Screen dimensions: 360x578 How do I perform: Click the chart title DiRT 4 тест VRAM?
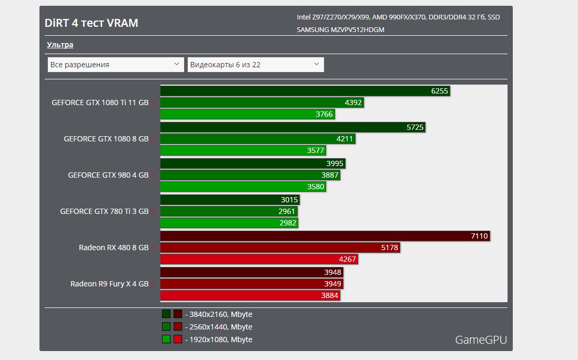pyautogui.click(x=92, y=23)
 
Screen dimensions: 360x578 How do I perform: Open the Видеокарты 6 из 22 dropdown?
pyautogui.click(x=255, y=65)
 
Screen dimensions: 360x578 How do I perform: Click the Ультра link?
pyautogui.click(x=60, y=45)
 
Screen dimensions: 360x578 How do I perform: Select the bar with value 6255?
pyautogui.click(x=305, y=91)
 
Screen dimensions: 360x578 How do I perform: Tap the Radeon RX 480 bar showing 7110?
pyautogui.click(x=325, y=236)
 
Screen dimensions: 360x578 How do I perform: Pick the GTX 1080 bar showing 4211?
pyautogui.click(x=258, y=139)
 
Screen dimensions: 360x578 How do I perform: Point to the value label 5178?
pyautogui.click(x=389, y=248)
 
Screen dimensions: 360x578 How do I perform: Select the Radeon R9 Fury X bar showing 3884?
pyautogui.click(x=250, y=295)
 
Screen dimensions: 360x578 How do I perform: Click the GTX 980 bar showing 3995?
pyautogui.click(x=252, y=163)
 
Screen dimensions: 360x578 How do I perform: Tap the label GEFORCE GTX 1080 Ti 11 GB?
pyautogui.click(x=100, y=102)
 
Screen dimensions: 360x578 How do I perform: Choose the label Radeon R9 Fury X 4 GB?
pyautogui.click(x=109, y=284)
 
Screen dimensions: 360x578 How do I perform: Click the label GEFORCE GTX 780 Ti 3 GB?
pyautogui.click(x=104, y=211)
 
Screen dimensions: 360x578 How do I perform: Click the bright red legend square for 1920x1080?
pyautogui.click(x=178, y=339)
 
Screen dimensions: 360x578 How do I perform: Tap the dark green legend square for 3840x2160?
pyautogui.click(x=166, y=314)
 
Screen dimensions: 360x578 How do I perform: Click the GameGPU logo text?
pyautogui.click(x=481, y=340)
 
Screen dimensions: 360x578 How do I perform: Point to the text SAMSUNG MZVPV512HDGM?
pyautogui.click(x=340, y=29)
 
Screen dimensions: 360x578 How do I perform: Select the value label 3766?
pyautogui.click(x=324, y=114)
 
